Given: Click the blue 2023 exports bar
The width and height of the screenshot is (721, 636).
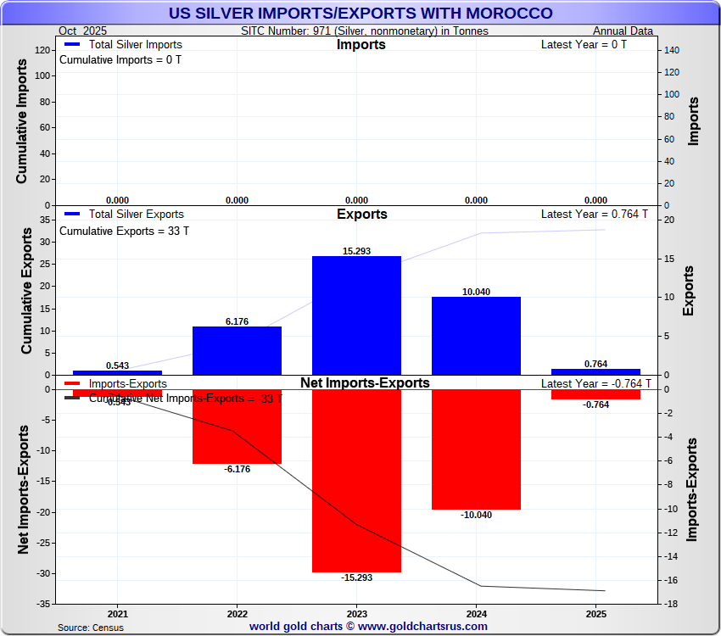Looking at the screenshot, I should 356,315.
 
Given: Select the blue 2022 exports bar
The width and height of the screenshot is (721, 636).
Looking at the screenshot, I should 237,350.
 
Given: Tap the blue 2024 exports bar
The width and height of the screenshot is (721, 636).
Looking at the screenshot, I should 476,336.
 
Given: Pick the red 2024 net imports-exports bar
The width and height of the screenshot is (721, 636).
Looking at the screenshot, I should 476,449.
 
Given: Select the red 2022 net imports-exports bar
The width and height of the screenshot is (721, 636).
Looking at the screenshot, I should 237,427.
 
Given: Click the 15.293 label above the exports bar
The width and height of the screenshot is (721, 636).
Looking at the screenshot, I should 356,251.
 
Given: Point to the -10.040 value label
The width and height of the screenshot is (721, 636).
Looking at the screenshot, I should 476,515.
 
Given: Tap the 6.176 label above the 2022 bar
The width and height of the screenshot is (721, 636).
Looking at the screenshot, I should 237,321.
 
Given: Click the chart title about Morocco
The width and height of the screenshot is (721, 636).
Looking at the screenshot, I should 360,13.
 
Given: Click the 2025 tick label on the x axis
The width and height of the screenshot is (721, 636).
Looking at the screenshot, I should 595,614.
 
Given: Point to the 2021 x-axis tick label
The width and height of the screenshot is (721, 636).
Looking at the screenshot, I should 118,614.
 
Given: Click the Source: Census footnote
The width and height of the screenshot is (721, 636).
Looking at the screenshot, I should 91,628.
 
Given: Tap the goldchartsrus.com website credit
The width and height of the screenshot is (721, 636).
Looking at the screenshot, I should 368,627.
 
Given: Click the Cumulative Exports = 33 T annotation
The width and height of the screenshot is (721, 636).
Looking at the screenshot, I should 124,231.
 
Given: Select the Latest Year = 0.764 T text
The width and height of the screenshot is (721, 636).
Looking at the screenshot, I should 594,215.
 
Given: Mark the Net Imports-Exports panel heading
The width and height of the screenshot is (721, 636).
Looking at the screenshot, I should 365,383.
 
